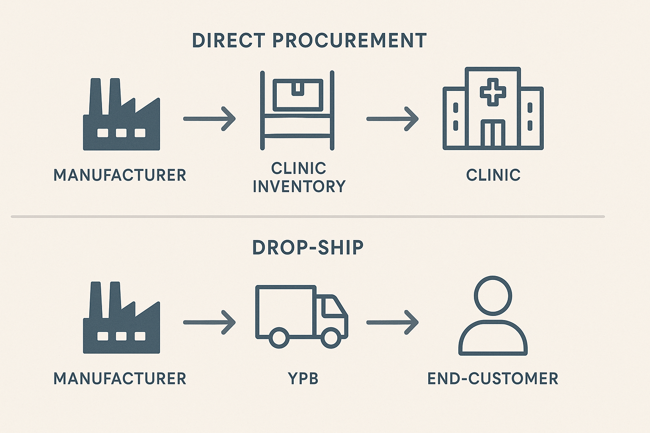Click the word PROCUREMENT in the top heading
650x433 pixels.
point(349,41)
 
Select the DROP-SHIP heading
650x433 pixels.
point(308,248)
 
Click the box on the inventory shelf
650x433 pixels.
point(297,95)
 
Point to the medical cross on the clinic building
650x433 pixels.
point(493,92)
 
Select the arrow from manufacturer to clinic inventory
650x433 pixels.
point(209,119)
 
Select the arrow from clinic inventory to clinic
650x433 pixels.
point(392,119)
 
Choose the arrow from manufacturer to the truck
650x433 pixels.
point(209,322)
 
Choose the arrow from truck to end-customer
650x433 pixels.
point(392,322)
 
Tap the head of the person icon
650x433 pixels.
point(493,296)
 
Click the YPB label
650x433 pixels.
point(303,378)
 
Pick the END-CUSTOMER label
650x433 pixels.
point(493,378)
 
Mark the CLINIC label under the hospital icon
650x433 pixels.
point(493,175)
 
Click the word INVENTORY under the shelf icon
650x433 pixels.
point(299,186)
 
